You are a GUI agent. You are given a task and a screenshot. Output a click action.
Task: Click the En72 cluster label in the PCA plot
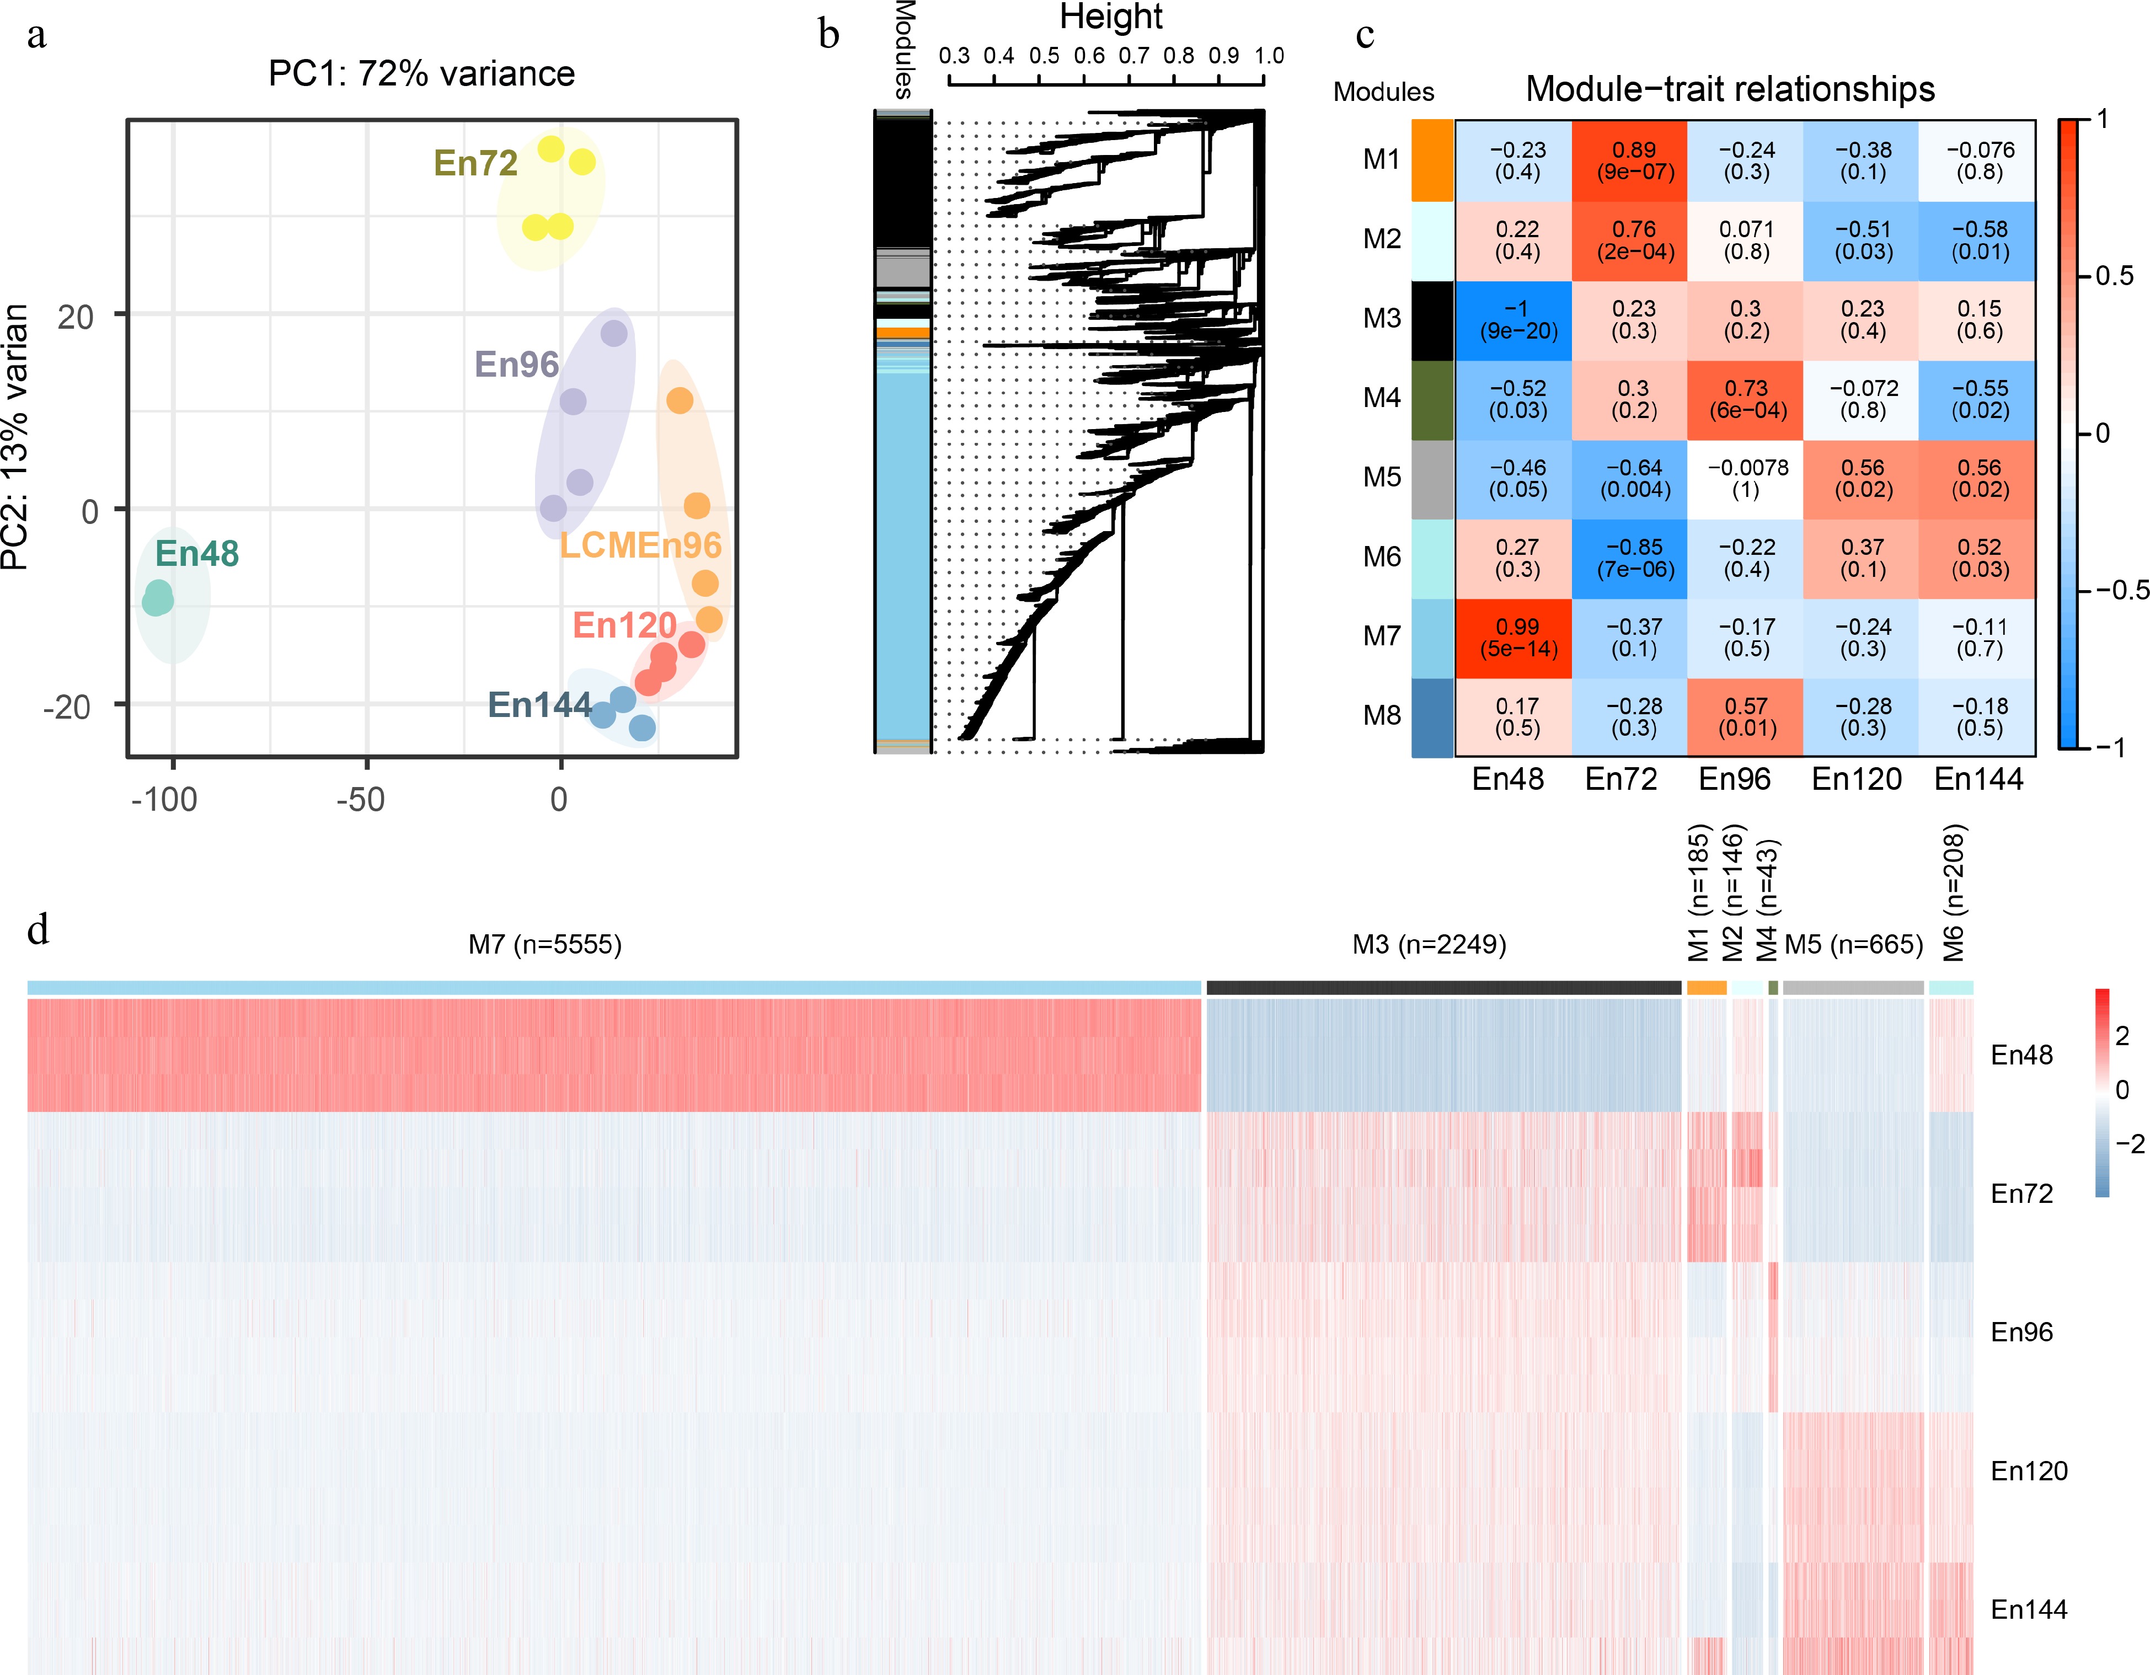[x=475, y=162]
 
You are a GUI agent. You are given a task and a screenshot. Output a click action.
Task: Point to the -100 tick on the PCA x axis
[x=164, y=799]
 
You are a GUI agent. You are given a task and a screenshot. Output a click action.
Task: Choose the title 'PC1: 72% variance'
[x=421, y=74]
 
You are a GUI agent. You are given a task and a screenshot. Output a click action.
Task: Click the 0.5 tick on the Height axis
[x=1045, y=56]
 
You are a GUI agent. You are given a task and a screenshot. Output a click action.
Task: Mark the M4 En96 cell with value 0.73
[x=1746, y=399]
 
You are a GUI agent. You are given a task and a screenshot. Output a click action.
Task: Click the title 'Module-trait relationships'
[x=1730, y=89]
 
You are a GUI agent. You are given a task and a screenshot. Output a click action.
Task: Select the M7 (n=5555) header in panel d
[x=544, y=945]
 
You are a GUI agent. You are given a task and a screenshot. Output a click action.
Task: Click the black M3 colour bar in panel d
[x=1443, y=987]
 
